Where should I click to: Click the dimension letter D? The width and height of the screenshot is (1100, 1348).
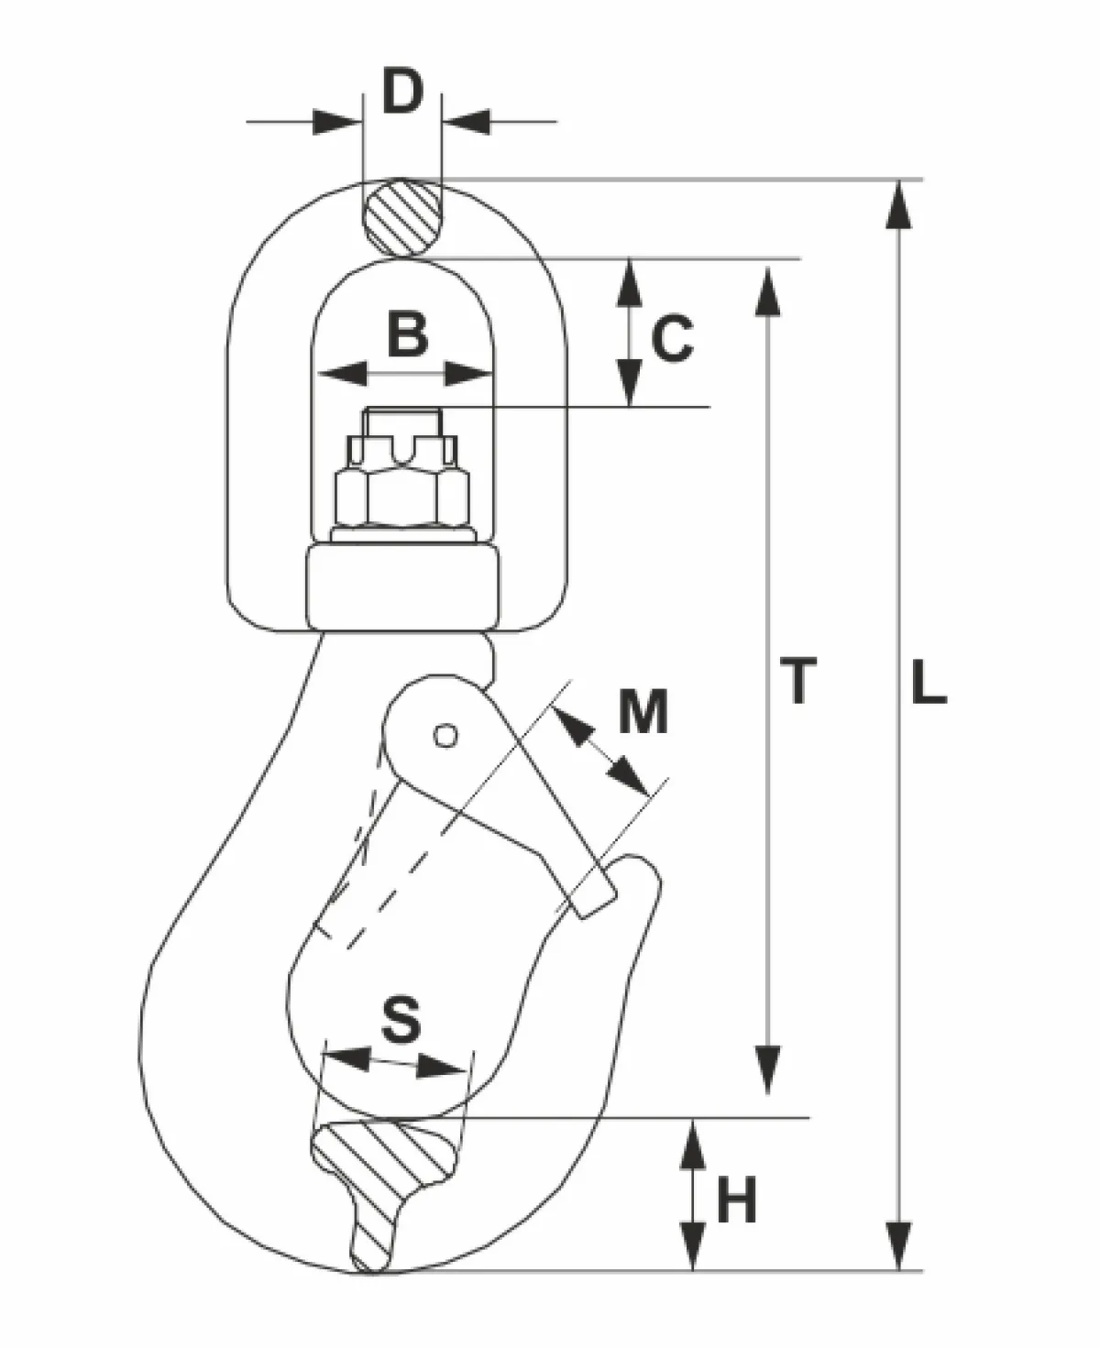click(x=403, y=92)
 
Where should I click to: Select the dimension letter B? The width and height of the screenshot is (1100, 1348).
click(x=407, y=334)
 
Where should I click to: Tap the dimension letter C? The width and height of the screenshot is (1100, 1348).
click(x=672, y=338)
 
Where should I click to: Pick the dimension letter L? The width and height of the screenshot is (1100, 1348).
click(x=928, y=682)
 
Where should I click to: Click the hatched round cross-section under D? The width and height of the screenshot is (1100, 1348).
click(x=402, y=219)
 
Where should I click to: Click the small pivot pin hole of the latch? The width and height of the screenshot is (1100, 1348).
click(x=445, y=735)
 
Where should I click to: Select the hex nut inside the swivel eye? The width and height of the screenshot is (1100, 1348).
click(x=402, y=498)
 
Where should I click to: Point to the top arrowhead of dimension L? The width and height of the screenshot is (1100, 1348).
click(x=898, y=204)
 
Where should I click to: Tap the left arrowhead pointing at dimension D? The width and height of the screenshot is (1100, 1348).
click(x=336, y=122)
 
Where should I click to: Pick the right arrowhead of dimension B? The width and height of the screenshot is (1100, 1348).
click(x=468, y=374)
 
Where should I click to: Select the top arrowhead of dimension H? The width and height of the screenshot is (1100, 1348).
click(x=693, y=1146)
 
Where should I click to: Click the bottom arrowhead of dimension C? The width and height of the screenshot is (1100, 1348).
click(x=630, y=382)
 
